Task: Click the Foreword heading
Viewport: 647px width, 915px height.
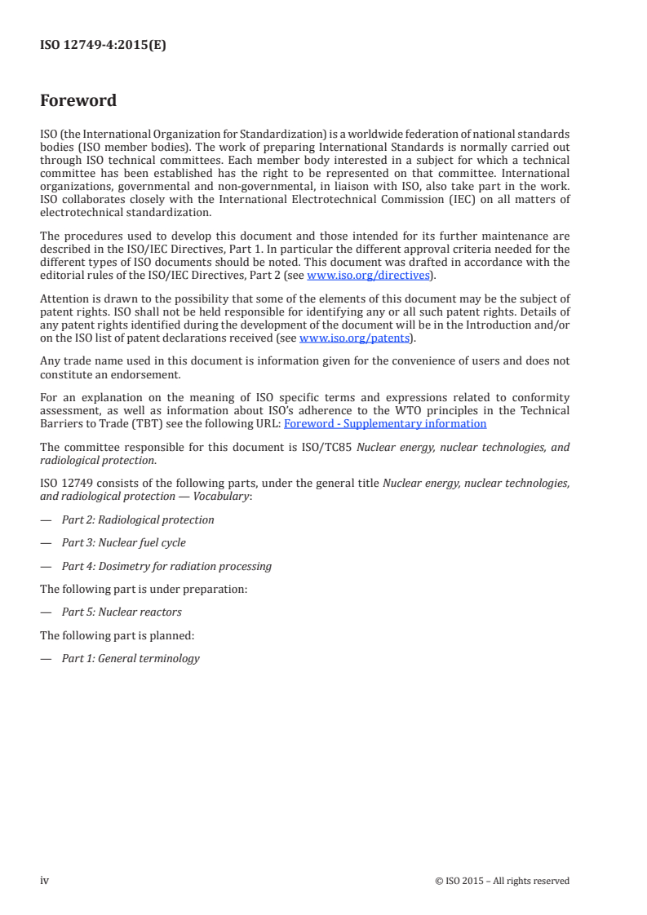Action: (78, 101)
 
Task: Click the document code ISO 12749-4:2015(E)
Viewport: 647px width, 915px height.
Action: (103, 46)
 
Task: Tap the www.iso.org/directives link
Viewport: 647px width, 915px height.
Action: (368, 276)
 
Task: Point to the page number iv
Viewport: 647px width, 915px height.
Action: (45, 880)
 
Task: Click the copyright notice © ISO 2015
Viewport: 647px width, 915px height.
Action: (503, 881)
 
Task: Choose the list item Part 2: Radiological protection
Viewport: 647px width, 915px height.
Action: (138, 519)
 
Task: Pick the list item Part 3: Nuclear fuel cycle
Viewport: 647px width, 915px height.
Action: (124, 542)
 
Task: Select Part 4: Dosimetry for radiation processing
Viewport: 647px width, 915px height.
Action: (166, 566)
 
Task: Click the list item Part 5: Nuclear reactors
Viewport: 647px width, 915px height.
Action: (122, 612)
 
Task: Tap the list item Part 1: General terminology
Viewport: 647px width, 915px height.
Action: (131, 658)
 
